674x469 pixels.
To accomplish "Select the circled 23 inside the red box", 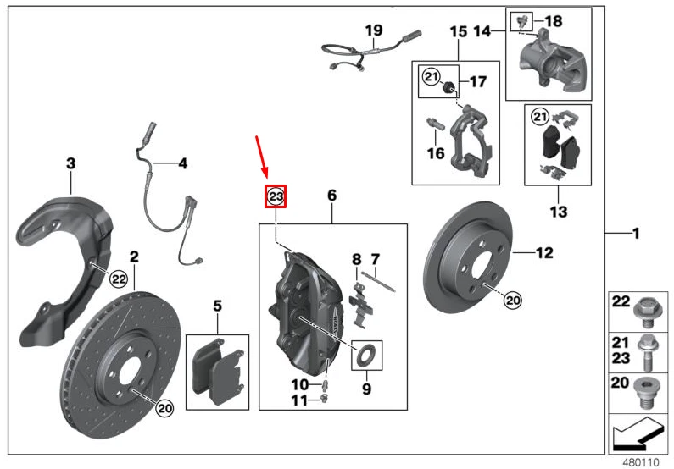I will point(276,196).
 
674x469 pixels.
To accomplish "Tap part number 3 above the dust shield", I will point(71,163).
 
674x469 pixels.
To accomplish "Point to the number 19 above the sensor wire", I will point(374,31).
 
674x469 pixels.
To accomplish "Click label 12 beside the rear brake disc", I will point(543,251).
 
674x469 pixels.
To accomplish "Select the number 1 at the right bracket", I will point(637,232).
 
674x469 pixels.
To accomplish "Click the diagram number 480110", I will point(640,462).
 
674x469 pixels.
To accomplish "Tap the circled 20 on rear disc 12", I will point(512,299).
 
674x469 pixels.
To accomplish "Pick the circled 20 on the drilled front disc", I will point(164,408).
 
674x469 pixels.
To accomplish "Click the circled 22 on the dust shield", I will point(118,279).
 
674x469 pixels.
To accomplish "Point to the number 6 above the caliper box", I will point(332,196).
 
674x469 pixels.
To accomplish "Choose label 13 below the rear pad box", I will point(559,212).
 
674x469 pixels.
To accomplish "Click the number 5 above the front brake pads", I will point(217,304).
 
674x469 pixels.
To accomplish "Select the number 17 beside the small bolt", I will point(478,82).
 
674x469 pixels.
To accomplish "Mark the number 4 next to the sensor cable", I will point(182,163).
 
